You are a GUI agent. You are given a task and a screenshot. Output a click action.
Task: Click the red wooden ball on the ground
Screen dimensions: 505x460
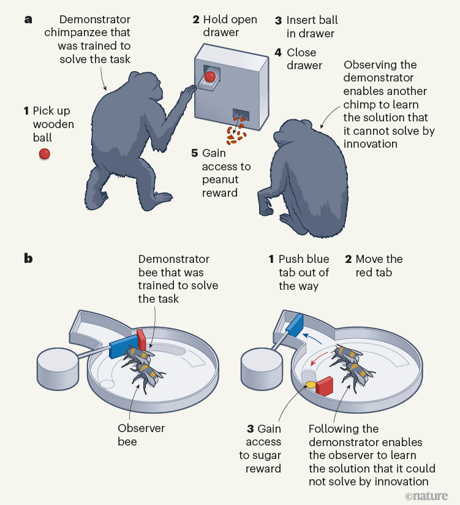click(x=44, y=154)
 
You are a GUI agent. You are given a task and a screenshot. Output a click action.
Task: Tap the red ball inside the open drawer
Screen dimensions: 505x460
click(x=209, y=77)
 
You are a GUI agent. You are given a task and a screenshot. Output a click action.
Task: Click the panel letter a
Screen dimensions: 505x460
click(x=28, y=20)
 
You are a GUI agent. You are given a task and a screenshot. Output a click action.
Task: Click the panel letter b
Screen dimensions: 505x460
click(x=28, y=259)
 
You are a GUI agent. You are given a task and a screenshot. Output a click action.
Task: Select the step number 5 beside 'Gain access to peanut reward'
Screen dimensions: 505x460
click(x=195, y=153)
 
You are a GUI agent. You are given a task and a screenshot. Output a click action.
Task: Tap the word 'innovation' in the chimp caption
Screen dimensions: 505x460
click(x=371, y=144)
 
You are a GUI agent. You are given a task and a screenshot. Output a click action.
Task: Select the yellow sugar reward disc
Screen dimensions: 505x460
click(x=311, y=385)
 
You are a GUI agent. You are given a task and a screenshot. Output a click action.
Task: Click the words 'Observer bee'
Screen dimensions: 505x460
click(x=141, y=435)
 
